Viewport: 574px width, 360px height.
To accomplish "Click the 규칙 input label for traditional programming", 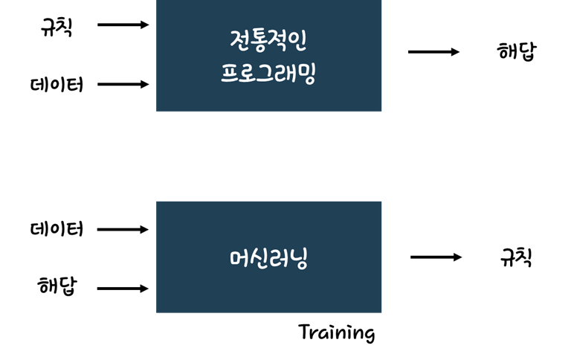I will pos(57,27).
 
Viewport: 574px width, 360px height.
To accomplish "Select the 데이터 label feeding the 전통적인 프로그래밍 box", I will pos(57,85).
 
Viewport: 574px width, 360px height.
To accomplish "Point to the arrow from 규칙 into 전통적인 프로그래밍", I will pos(123,25).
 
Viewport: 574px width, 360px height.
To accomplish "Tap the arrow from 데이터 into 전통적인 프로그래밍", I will pos(123,84).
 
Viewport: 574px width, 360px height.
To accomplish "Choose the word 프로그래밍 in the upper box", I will pos(268,73).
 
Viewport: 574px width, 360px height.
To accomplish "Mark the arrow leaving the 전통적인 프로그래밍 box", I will pos(433,51).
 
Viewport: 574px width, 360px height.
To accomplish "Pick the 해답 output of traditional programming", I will pos(516,51).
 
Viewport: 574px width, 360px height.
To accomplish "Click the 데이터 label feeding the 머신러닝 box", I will pos(57,229).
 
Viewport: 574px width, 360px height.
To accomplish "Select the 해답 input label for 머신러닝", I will pos(57,286).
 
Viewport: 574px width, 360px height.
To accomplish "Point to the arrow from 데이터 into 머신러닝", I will pos(123,229).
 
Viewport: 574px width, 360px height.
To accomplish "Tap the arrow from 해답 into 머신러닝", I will pos(123,288).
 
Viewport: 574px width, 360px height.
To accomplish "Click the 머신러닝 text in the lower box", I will pos(268,258).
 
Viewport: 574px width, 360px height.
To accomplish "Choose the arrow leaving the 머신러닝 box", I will pos(436,257).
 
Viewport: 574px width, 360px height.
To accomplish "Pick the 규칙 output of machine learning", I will pos(516,257).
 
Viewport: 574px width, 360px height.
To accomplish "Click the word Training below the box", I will pos(336,332).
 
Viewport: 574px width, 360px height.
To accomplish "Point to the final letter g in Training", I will pos(368,335).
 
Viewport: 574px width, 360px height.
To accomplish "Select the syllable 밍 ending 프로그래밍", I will pos(306,74).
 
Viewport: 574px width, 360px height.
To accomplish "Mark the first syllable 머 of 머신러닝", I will pos(239,258).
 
